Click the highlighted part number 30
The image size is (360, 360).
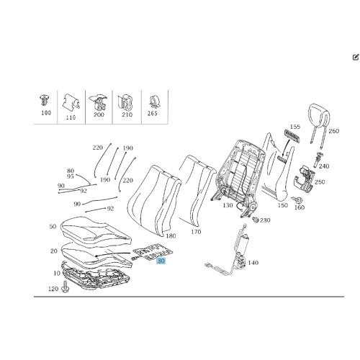tap(161, 261)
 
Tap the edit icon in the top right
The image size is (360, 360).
tap(356, 57)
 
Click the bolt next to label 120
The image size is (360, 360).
tap(64, 287)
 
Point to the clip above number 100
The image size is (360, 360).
tap(45, 101)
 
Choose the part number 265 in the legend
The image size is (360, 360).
tap(153, 113)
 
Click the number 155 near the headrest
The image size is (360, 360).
tap(295, 127)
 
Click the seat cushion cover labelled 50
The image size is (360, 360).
tap(96, 230)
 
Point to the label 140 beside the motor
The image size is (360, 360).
tap(253, 263)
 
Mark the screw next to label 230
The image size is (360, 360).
tap(255, 219)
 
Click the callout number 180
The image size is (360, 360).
tap(171, 236)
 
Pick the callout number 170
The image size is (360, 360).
tap(196, 232)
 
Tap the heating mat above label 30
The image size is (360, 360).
tap(153, 252)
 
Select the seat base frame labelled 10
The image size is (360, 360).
tap(96, 276)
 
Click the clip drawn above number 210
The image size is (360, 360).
tap(125, 102)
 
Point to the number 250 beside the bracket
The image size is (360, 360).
tap(320, 182)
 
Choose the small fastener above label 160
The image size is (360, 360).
tap(297, 199)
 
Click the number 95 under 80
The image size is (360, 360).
tap(71, 176)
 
